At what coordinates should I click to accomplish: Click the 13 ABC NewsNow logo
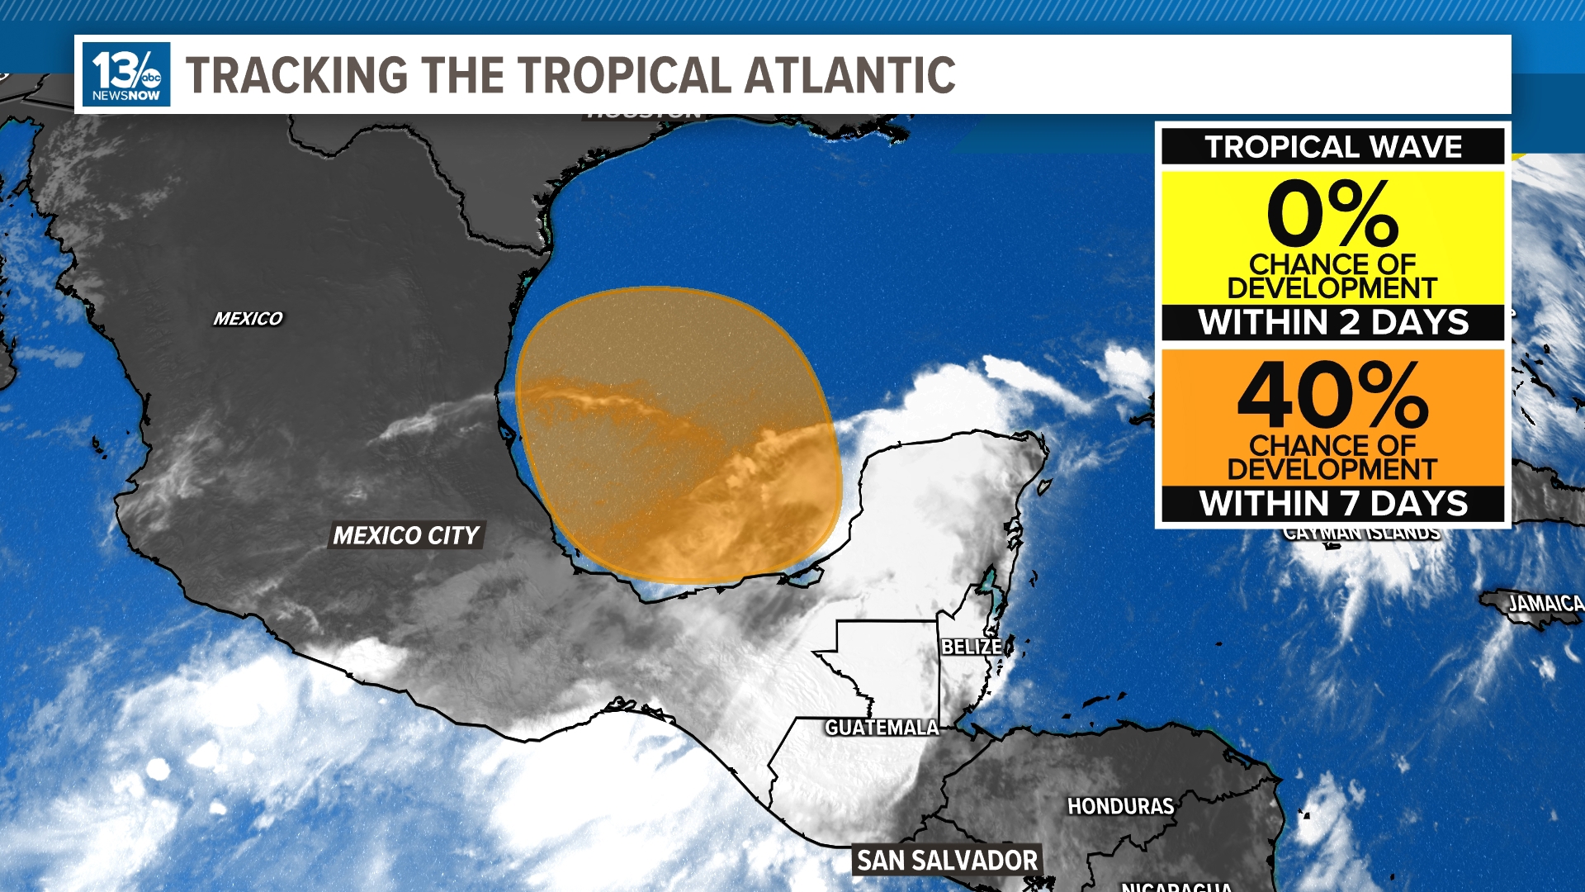[126, 74]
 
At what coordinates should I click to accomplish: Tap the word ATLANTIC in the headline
[849, 75]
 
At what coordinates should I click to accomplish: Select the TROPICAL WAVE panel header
[1332, 147]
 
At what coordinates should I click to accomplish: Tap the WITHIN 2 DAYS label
[1332, 322]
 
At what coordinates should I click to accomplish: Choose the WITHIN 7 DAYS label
[1332, 503]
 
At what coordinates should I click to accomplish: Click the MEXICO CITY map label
[405, 536]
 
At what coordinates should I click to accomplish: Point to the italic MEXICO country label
[248, 319]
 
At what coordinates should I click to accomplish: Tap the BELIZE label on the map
[972, 647]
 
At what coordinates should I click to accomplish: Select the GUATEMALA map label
[882, 728]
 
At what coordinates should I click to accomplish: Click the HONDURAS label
[1120, 806]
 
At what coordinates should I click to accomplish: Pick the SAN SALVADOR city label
[947, 861]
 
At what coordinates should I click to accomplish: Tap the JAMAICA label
[1545, 604]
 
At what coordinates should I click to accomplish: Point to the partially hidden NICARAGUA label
[1176, 886]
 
